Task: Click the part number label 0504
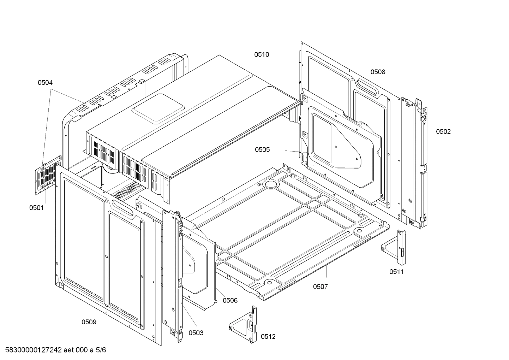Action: point(45,83)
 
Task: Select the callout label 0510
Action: point(262,54)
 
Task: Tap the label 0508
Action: point(378,72)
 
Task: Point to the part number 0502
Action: point(443,132)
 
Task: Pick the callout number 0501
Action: point(37,208)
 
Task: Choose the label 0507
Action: point(320,287)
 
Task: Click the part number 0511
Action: point(396,272)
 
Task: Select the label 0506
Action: point(230,301)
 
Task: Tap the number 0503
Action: point(196,333)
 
